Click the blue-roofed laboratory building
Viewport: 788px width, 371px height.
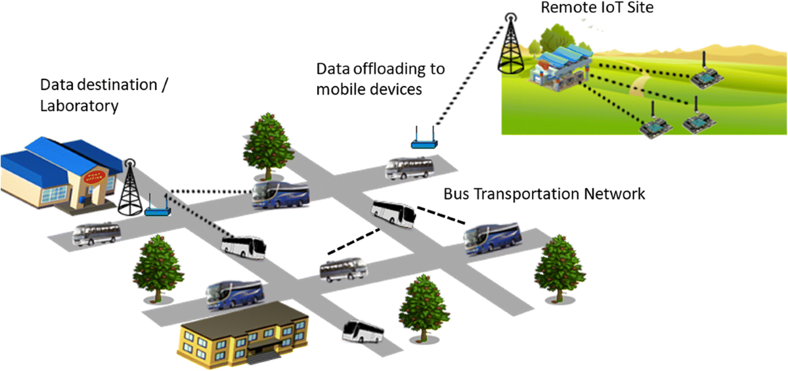(x=59, y=174)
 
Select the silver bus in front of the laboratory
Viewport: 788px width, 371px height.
(x=97, y=233)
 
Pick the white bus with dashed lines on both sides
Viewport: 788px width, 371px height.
(x=393, y=214)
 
